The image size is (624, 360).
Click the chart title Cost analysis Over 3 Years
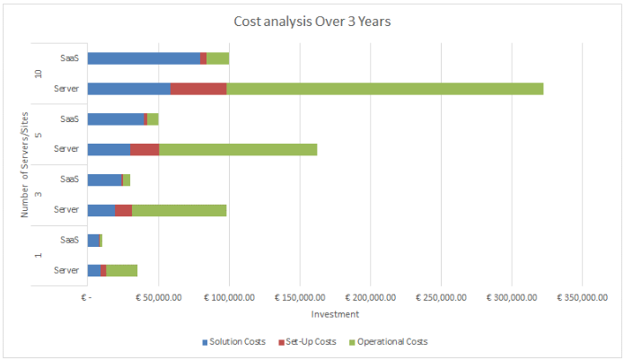tap(312, 21)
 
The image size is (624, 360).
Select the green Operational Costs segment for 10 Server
tap(384, 89)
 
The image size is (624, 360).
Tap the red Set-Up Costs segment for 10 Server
tap(198, 89)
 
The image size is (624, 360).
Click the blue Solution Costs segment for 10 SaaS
tap(144, 58)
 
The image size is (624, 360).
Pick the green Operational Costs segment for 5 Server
tap(238, 149)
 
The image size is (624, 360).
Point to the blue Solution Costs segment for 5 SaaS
tap(116, 119)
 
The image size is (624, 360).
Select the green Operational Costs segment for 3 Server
tap(179, 209)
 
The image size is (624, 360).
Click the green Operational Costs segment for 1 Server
tap(121, 270)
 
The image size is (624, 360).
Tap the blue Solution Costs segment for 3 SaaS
tap(104, 180)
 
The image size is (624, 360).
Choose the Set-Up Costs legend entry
tap(310, 342)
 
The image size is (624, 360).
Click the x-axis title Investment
tap(335, 314)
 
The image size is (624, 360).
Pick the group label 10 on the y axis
tap(38, 74)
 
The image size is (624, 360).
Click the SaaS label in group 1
tap(70, 240)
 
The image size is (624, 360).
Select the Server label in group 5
tap(66, 149)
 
